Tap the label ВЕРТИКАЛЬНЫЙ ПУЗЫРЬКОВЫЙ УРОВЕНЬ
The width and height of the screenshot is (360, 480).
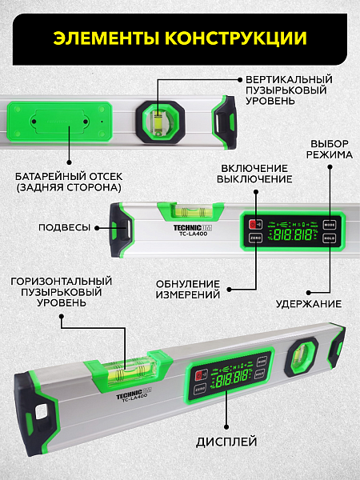(x=289, y=90)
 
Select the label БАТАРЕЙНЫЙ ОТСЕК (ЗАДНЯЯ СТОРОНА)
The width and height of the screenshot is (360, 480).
(x=69, y=182)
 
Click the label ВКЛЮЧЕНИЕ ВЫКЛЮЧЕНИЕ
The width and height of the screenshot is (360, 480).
(x=254, y=174)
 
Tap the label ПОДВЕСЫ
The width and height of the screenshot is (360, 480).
(x=65, y=227)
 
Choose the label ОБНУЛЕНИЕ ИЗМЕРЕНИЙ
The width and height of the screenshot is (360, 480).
(x=188, y=290)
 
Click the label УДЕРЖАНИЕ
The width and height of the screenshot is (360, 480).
(x=309, y=304)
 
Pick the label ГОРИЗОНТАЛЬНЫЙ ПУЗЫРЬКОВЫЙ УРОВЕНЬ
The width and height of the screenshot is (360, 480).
(x=62, y=292)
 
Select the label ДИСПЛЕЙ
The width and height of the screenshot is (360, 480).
(x=226, y=442)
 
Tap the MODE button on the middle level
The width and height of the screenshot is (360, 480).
(x=330, y=225)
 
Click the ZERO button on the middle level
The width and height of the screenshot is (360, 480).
(x=255, y=238)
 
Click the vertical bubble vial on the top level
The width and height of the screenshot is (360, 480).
(x=158, y=122)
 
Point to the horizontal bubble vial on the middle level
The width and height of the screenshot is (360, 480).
(x=190, y=211)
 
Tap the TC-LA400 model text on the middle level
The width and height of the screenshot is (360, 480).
(x=193, y=234)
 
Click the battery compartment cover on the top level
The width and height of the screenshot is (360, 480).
(x=60, y=122)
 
